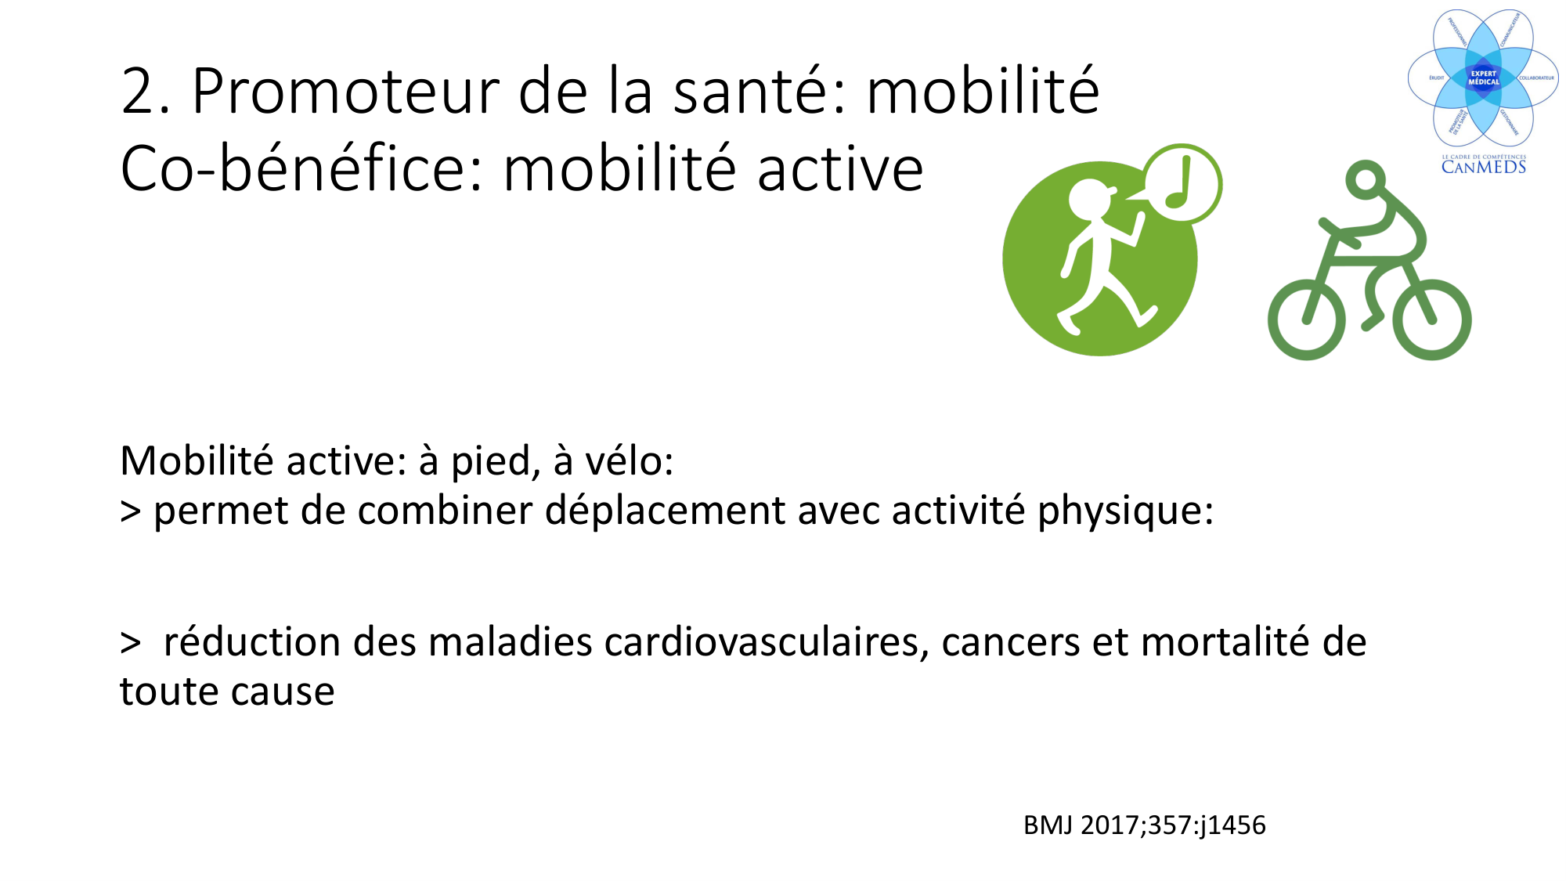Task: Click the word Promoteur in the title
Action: (345, 92)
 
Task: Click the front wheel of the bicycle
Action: (1436, 320)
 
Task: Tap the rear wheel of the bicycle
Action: (1306, 321)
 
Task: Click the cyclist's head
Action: (1366, 180)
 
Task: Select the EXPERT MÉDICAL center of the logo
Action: (1483, 78)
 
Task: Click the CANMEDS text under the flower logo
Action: (1483, 167)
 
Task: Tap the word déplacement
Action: (665, 511)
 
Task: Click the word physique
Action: (1124, 511)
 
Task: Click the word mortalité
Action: (1225, 642)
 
